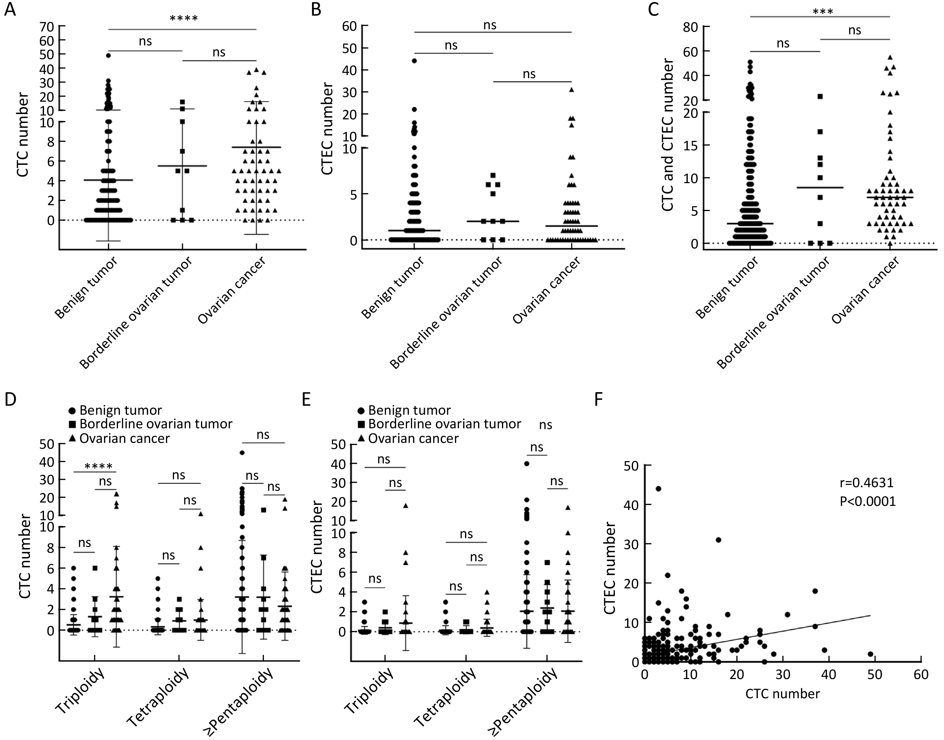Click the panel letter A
point(9,9)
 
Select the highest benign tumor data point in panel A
point(108,56)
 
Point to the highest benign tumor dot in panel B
point(414,61)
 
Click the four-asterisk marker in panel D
point(99,467)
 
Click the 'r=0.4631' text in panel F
point(866,482)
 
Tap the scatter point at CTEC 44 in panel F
point(658,489)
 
